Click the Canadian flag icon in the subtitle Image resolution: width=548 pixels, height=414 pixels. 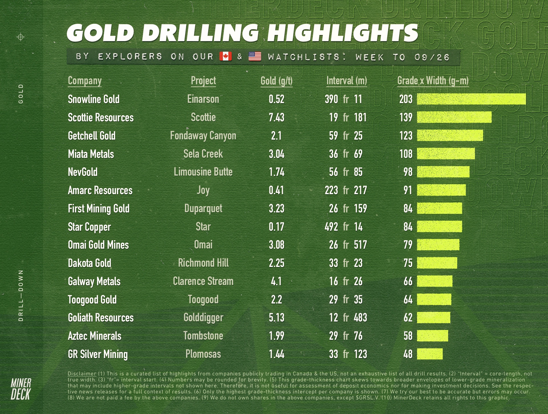coord(225,56)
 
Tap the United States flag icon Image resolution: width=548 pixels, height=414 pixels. coord(255,56)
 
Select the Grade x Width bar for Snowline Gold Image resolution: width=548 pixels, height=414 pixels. coord(471,99)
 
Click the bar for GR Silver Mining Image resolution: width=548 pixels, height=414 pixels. coord(430,354)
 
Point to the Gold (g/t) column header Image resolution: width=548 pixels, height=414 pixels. coord(276,81)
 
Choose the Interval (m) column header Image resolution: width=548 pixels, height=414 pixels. coord(346,81)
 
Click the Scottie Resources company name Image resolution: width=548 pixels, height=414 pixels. coord(100,117)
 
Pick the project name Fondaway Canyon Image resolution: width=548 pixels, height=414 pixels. coord(203,136)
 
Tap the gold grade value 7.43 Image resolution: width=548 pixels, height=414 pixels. coord(276,117)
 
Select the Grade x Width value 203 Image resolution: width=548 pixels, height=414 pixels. coord(406,99)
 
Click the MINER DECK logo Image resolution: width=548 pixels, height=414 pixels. coord(21,389)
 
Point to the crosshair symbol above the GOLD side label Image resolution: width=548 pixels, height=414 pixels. coord(21,37)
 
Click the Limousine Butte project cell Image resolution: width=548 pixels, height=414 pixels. coord(203,172)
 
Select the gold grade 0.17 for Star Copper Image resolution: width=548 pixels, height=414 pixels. coord(276,227)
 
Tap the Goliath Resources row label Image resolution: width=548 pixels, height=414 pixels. coord(100,318)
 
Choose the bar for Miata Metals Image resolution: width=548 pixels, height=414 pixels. coord(446,154)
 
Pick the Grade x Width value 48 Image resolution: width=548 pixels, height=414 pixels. coord(408,354)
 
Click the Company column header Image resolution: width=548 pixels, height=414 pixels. coord(84,81)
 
